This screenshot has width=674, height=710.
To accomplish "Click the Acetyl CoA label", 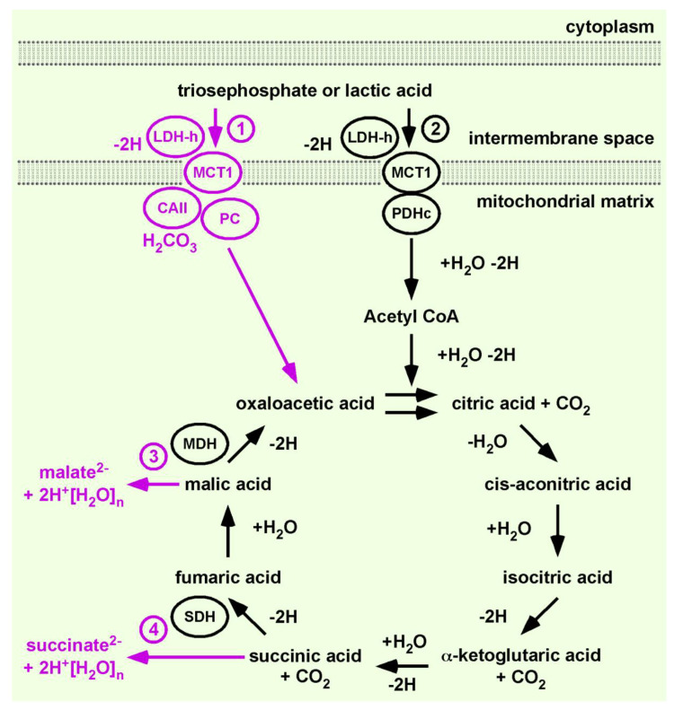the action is pyautogui.click(x=411, y=317).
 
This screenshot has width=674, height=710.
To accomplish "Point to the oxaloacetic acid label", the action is pyautogui.click(x=305, y=403).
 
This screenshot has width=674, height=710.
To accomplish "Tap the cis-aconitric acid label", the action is pyautogui.click(x=557, y=484).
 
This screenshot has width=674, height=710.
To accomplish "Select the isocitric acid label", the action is pyautogui.click(x=557, y=577).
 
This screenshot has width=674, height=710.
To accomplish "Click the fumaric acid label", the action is pyautogui.click(x=228, y=577).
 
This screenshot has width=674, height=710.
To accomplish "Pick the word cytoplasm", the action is pyautogui.click(x=609, y=27).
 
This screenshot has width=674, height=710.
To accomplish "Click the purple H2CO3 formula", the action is pyautogui.click(x=170, y=241).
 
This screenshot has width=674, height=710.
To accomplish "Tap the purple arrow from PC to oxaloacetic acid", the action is pyautogui.click(x=262, y=315).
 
